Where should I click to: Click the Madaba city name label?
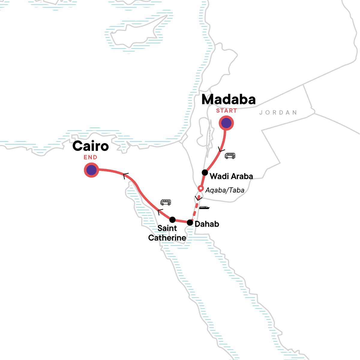(228, 100)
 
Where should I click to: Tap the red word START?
(226, 111)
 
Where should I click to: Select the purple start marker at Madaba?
(226, 123)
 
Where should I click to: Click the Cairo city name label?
(90, 146)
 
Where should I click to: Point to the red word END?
(90, 157)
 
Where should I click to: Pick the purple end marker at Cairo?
(91, 170)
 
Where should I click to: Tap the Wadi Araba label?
(231, 176)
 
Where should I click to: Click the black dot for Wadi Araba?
(205, 172)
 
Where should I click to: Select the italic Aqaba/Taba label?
(225, 190)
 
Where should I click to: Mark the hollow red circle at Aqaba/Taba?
(201, 188)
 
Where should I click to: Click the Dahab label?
(207, 224)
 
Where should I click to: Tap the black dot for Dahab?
(190, 223)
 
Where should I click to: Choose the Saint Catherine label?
(167, 233)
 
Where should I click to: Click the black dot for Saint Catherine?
(172, 220)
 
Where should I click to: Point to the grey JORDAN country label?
(278, 112)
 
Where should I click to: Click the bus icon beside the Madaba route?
(230, 156)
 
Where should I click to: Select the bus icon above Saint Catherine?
(166, 202)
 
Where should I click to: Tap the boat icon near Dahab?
(204, 208)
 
